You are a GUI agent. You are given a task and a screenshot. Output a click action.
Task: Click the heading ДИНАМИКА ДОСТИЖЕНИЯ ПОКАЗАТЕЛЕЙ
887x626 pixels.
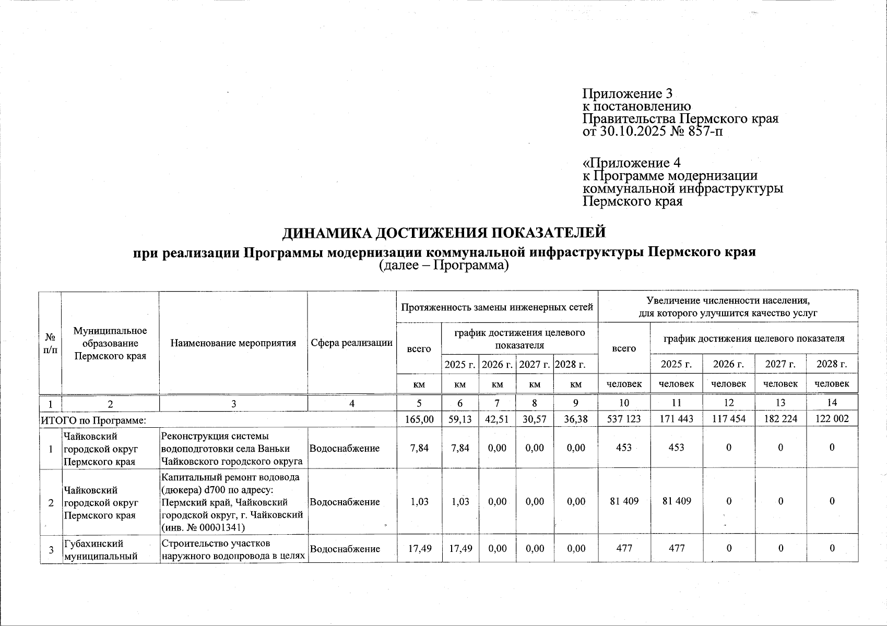[x=444, y=232]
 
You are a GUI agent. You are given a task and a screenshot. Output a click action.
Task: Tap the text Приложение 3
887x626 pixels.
[x=627, y=94]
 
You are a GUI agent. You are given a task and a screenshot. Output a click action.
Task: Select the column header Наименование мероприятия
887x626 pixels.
[x=233, y=343]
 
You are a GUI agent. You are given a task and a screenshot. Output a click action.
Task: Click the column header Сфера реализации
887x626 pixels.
[x=351, y=343]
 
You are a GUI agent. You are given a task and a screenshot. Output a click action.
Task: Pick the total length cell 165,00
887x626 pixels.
[x=419, y=419]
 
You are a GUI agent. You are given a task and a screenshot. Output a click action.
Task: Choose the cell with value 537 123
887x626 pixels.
[x=624, y=419]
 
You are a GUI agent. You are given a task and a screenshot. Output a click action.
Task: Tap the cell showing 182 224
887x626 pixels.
[x=780, y=419]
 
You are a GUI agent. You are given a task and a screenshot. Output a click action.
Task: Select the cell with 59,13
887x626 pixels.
[x=459, y=419]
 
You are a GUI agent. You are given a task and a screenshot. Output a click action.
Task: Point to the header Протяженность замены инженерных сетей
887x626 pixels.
[x=497, y=307]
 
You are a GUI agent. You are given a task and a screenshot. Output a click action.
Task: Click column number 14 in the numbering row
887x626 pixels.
[x=832, y=403]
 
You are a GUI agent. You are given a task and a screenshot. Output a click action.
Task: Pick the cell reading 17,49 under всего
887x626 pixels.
[x=419, y=548]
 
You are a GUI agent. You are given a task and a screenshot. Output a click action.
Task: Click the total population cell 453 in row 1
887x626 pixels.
[x=624, y=448]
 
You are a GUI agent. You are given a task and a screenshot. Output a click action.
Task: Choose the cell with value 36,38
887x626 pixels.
[x=575, y=419]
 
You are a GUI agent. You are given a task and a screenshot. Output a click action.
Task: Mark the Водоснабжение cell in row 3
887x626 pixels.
[x=345, y=548]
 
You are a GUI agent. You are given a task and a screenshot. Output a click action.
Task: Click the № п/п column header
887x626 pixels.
[x=51, y=343]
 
